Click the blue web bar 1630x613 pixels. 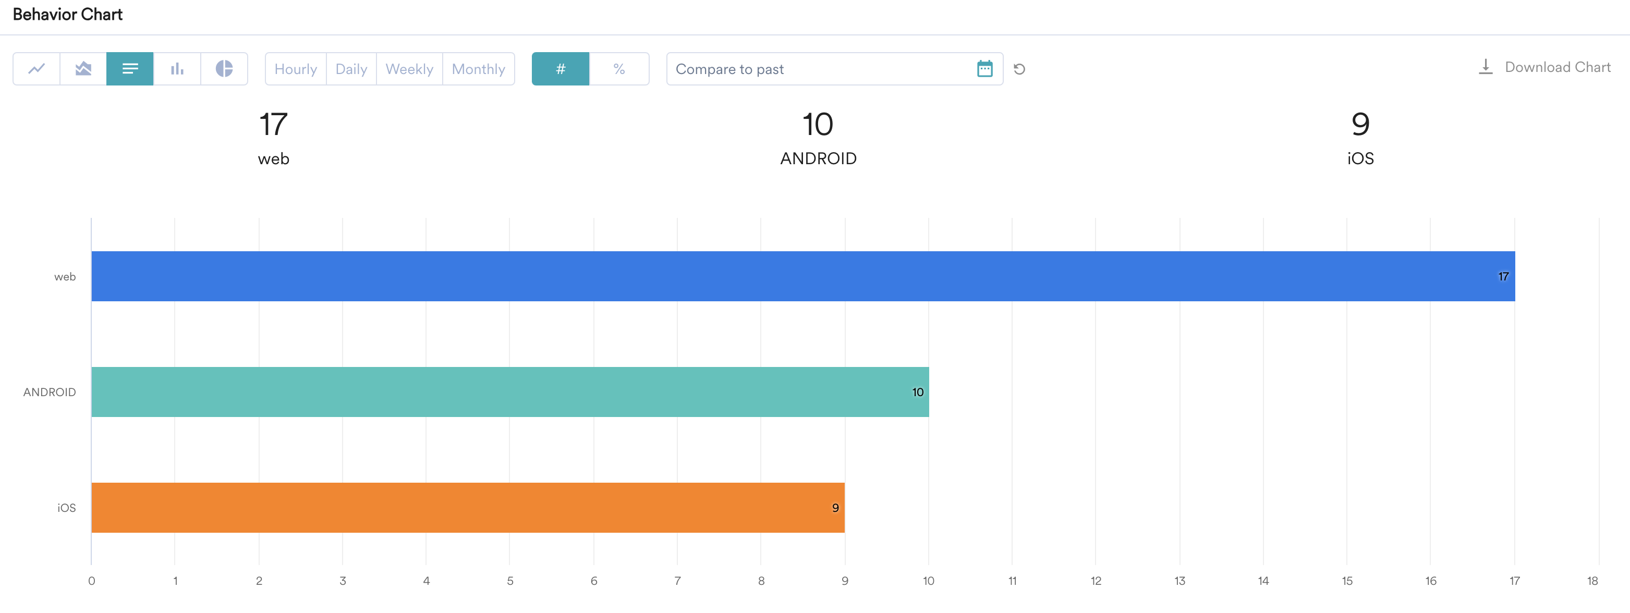pos(802,276)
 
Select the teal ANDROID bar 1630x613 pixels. pos(509,391)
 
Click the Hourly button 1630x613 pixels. pos(296,69)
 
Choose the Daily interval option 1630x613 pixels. pos(351,69)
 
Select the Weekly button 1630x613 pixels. pos(409,69)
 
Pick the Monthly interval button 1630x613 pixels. pos(478,69)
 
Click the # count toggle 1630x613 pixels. pos(560,69)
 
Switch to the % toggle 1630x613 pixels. pos(619,69)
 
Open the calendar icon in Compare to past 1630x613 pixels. pos(984,69)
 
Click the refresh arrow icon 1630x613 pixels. pos(1019,69)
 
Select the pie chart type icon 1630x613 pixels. pos(224,69)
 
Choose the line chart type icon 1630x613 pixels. pos(37,69)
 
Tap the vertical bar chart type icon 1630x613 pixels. pos(177,69)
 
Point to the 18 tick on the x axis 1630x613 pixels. pos(1592,581)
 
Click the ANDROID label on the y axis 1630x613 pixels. pos(50,392)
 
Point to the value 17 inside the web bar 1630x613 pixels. pos(1503,276)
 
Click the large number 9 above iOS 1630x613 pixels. pos(1360,124)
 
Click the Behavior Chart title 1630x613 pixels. pos(68,15)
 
